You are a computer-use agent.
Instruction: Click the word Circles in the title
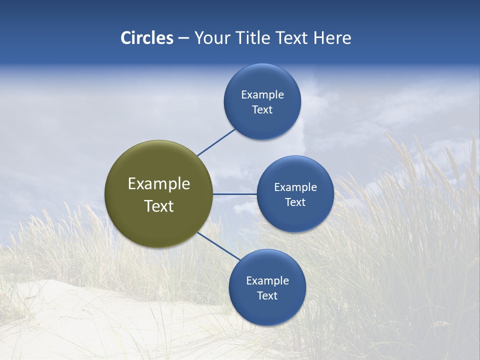point(147,38)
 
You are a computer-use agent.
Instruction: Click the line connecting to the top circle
point(216,142)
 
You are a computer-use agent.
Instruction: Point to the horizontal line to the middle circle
point(235,194)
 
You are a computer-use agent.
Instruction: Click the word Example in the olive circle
point(159,184)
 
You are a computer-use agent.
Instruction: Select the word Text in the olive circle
point(159,206)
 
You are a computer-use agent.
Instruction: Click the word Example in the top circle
point(262,95)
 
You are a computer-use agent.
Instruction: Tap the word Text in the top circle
point(262,110)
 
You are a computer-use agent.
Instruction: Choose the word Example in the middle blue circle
point(295,187)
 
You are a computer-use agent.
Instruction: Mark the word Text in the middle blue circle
point(295,202)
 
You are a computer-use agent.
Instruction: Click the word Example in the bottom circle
point(267,281)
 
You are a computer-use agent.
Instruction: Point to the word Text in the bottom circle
point(267,296)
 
